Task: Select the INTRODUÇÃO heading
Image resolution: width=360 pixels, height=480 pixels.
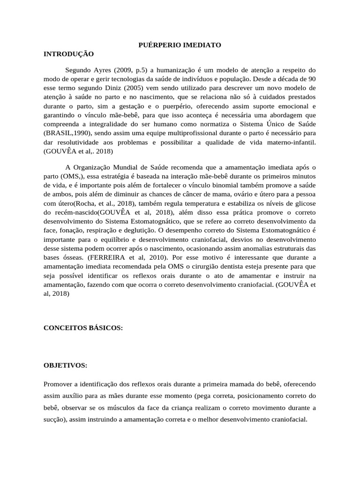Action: (x=69, y=54)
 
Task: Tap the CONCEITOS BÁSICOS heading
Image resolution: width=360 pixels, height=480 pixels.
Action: (x=83, y=328)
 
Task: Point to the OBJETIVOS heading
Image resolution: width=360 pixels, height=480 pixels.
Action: (x=66, y=365)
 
